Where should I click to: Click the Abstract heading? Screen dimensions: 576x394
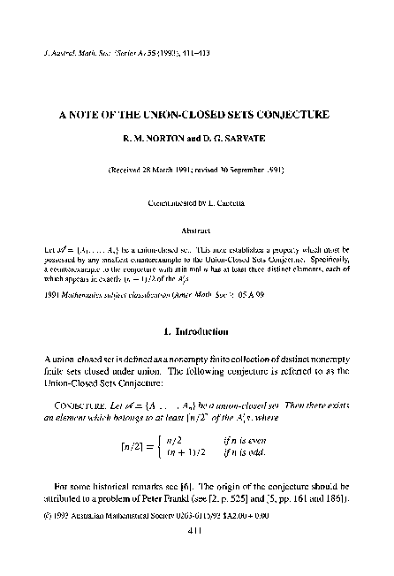click(197, 228)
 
